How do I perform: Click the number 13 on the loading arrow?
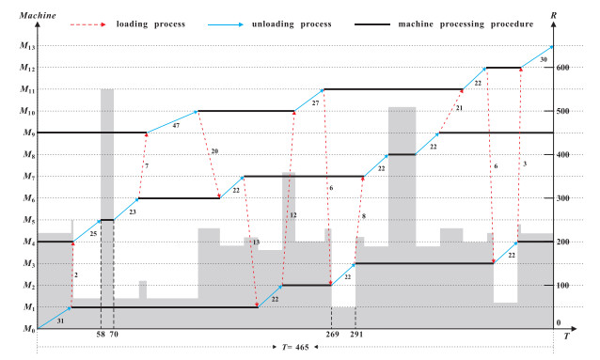257,243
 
